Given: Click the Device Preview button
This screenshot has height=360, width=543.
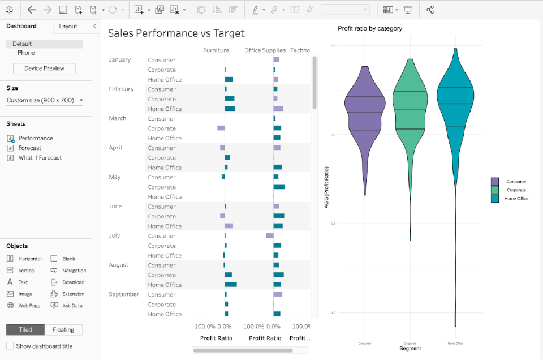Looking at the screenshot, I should coord(44,68).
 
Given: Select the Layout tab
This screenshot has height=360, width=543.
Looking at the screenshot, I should coord(68,26).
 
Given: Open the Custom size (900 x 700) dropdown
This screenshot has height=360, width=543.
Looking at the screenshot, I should coord(45,100).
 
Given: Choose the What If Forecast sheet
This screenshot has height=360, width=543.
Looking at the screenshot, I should coord(40,158).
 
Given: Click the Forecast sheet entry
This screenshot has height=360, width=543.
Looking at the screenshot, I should coord(29,148).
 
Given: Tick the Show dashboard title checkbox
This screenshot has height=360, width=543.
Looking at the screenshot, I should coord(10,346).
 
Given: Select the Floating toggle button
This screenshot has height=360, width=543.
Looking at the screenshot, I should coord(63,330).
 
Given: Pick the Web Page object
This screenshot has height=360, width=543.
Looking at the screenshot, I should coord(29,306).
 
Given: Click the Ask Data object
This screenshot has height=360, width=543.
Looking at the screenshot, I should coord(72,306).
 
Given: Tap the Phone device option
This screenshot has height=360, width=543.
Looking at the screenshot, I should coord(26,53).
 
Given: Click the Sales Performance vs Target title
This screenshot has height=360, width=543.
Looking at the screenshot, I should coord(176,33).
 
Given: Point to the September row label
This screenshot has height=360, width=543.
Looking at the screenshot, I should coord(124,294).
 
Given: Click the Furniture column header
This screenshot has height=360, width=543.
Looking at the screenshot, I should coord(216,50).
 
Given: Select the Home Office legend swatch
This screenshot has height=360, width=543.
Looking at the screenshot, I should coord(495,199).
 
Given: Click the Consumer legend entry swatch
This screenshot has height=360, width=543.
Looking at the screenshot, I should coord(495,182).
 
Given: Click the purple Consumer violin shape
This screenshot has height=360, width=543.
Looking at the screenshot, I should coord(365,113).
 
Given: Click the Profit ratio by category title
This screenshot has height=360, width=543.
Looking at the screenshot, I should coord(370,28).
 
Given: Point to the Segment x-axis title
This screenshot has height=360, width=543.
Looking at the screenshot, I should coord(410,348).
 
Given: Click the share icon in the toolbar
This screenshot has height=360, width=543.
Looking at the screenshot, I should coord(430,10).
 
